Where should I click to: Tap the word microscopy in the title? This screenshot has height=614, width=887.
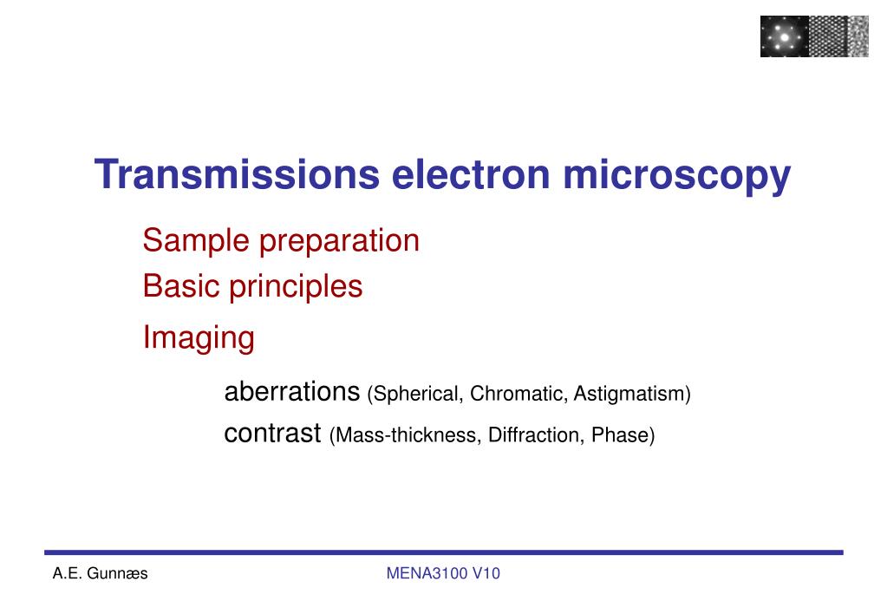[676, 177]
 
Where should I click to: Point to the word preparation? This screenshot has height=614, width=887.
[339, 242]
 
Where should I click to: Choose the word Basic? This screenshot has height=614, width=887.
[181, 286]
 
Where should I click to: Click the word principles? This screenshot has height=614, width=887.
[296, 287]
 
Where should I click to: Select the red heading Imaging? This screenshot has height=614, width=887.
[199, 338]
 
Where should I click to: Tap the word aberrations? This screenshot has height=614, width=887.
[292, 391]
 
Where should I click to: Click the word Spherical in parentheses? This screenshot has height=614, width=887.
[415, 394]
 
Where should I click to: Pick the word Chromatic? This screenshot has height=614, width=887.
[519, 394]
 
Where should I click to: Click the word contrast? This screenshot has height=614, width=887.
[272, 434]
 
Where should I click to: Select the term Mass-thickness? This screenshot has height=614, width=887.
[405, 435]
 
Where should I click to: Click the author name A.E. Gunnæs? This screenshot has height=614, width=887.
[100, 573]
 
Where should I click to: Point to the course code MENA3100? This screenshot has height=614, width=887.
[427, 573]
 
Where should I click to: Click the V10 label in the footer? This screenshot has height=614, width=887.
[486, 573]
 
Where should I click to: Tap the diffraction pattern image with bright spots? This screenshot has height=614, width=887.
[784, 36]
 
